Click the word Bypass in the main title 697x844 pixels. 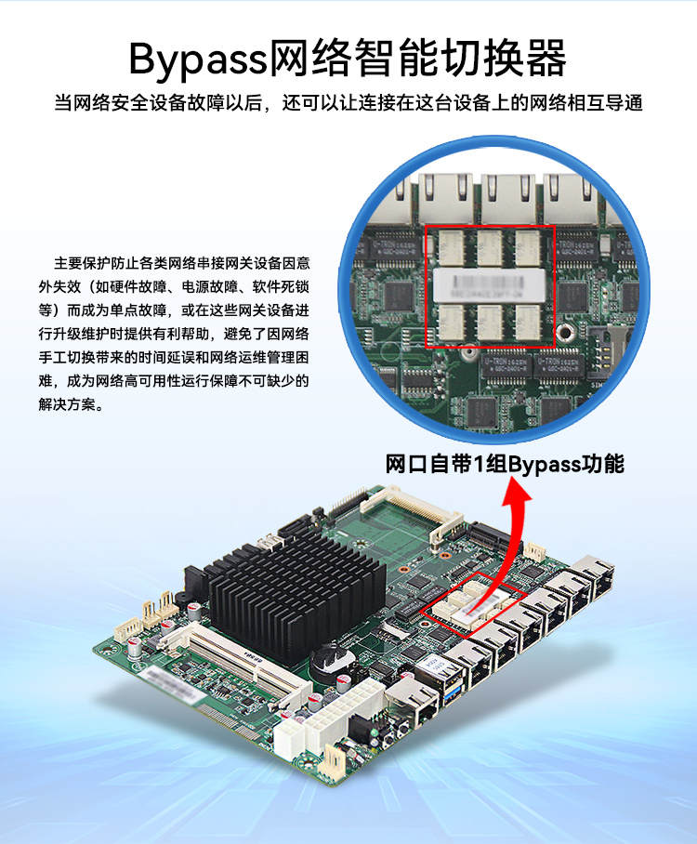196,59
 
